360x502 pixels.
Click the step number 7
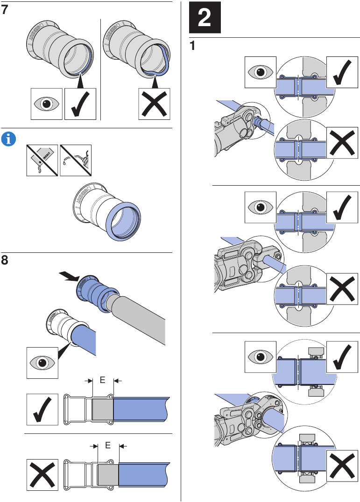pyautogui.click(x=5, y=10)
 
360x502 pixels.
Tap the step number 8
pyautogui.click(x=5, y=260)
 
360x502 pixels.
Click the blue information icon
pyautogui.click(x=8, y=138)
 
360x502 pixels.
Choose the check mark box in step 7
pyautogui.click(x=80, y=104)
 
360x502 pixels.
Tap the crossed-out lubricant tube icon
pyautogui.click(x=42, y=160)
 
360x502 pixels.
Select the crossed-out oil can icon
pyautogui.click(x=76, y=160)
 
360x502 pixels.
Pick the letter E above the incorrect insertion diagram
pyautogui.click(x=108, y=445)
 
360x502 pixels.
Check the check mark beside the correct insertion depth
pyautogui.click(x=42, y=409)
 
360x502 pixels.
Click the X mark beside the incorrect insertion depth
pyautogui.click(x=42, y=475)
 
